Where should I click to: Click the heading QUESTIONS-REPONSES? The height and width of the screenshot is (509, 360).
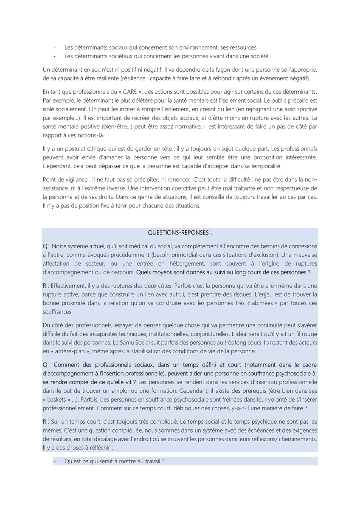(180, 233)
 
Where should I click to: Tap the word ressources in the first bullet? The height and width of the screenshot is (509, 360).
(242, 48)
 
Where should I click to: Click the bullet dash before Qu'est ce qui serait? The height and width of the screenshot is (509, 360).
(55, 461)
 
